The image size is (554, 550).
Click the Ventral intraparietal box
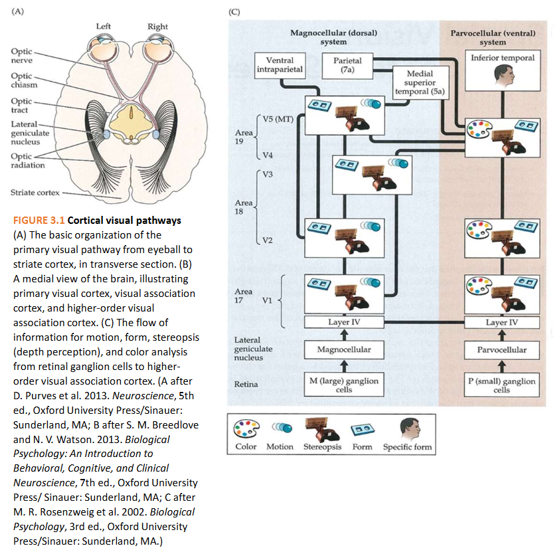coord(280,64)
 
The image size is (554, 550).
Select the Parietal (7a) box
coord(347,64)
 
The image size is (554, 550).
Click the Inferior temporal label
coord(502,58)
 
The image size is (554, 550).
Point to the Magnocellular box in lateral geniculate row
coord(344,349)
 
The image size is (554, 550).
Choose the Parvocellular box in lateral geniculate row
coord(502,349)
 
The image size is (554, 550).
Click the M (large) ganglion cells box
coord(344,385)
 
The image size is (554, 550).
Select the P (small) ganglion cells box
coord(502,385)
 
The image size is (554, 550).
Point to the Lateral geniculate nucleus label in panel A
coord(25,133)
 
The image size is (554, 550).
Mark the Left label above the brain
coord(104,27)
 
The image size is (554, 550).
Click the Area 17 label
coord(243,296)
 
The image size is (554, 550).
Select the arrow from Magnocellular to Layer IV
coord(344,334)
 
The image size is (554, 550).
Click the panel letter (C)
coord(234,11)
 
